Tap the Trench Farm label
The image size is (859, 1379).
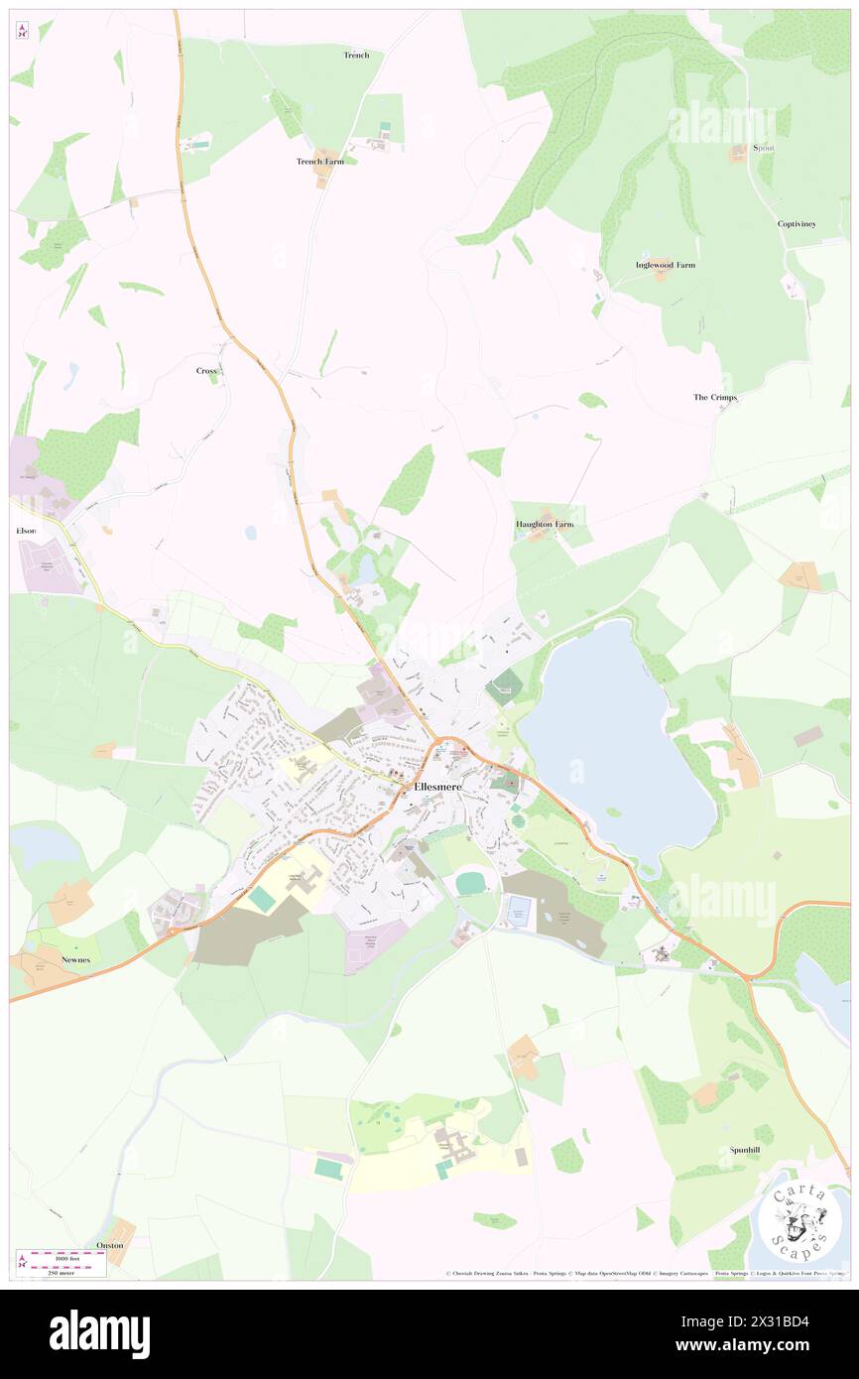(319, 161)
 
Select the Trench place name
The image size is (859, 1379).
(356, 55)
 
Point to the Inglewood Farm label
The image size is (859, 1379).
(665, 265)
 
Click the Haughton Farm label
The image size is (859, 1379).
(545, 523)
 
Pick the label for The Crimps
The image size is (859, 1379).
(714, 397)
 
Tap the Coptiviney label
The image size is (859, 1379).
(797, 224)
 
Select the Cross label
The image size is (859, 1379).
(206, 370)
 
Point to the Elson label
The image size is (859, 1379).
(26, 531)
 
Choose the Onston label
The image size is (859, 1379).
(110, 1245)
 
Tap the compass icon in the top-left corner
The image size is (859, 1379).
(22, 32)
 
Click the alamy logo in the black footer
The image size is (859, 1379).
(99, 1334)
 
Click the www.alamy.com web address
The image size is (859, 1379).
(755, 1344)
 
